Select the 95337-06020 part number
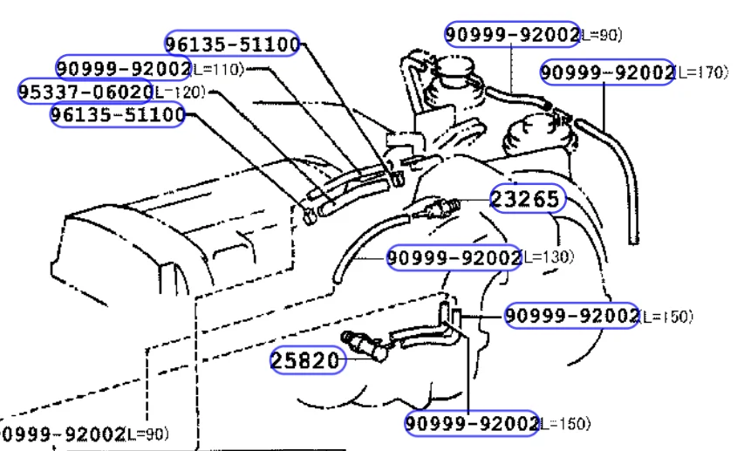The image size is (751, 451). click(85, 91)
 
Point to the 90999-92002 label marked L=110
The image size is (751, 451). click(124, 68)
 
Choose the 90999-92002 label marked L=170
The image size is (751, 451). click(607, 72)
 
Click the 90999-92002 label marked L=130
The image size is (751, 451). click(454, 257)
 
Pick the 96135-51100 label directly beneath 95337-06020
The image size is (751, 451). click(118, 114)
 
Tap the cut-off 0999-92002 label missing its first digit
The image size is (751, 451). click(63, 434)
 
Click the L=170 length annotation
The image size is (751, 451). click(701, 72)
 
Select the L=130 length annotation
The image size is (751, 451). click(547, 257)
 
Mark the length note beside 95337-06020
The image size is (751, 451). click(180, 92)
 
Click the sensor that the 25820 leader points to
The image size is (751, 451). click(365, 345)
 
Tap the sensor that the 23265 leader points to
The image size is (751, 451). click(436, 208)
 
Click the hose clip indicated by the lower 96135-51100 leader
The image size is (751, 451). click(309, 215)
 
